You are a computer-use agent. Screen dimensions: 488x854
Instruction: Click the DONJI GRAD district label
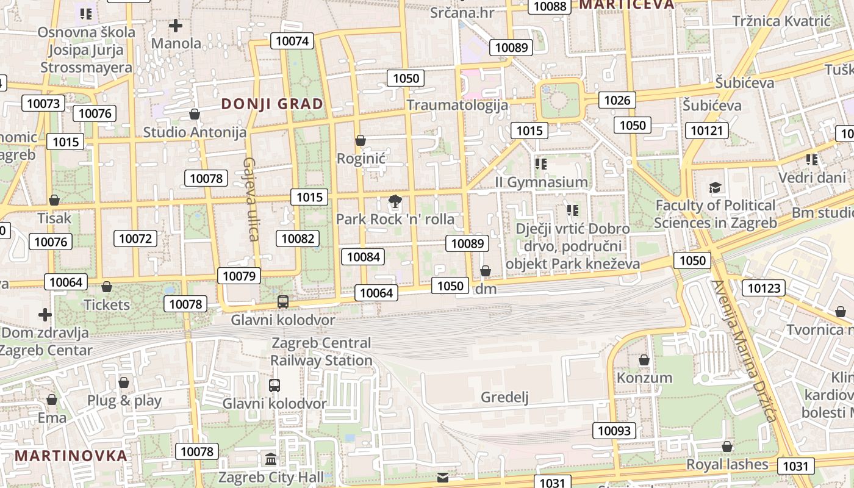coord(272,104)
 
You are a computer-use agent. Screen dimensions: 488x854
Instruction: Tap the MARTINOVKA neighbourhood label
coord(71,455)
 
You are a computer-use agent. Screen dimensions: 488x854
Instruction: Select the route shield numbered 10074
coord(293,41)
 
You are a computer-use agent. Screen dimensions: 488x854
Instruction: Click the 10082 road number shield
coord(298,239)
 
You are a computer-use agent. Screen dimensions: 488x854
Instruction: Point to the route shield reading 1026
coord(617,100)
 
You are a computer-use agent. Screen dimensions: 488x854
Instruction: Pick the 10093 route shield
coord(614,431)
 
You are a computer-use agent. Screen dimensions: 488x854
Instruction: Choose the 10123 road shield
coord(764,288)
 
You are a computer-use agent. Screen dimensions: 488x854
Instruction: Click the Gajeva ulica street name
coord(251,199)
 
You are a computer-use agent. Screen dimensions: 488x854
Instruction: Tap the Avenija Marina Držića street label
coord(745,351)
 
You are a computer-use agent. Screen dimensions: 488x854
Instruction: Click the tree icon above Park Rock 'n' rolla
coord(395,201)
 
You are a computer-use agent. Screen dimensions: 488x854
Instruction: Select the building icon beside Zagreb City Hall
coord(271,459)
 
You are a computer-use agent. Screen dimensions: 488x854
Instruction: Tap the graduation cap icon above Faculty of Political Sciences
coord(715,187)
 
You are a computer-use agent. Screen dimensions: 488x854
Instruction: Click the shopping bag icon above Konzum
coord(644,360)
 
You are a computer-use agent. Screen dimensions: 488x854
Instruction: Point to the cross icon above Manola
coord(176,26)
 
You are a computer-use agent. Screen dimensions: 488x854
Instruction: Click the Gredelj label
coord(504,398)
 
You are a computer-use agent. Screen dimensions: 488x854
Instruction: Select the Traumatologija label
coord(457,105)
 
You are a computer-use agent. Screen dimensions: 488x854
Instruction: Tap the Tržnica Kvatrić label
coord(781,21)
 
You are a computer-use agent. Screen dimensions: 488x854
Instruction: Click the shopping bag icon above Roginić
coord(361,140)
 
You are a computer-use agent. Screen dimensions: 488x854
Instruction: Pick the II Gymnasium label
coord(541,182)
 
